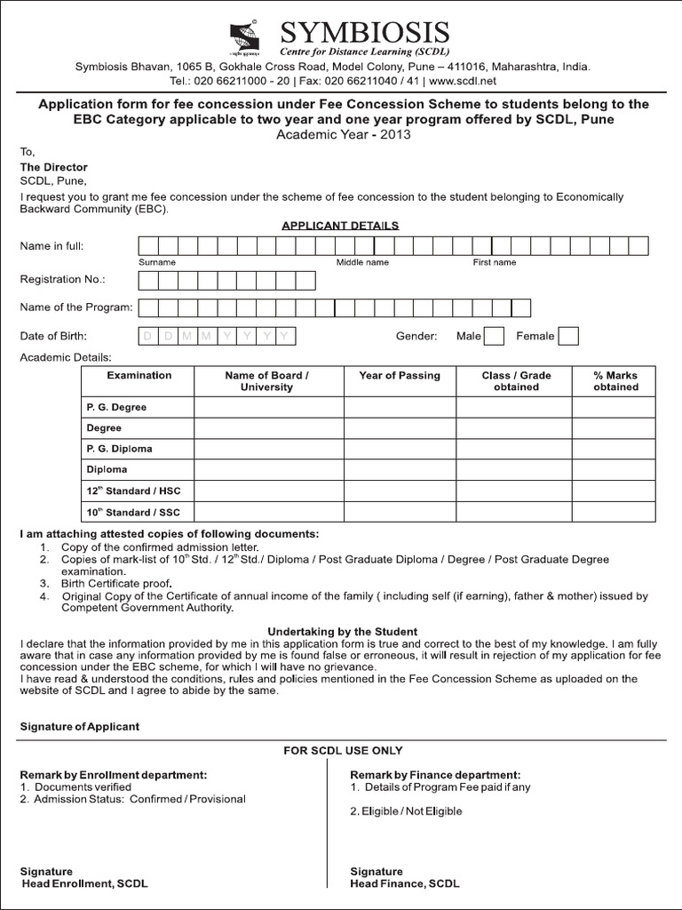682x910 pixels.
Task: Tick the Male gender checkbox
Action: click(x=496, y=336)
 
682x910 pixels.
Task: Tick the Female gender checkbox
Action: click(x=569, y=336)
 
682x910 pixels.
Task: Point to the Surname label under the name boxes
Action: click(x=157, y=263)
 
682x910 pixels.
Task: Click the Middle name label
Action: click(x=362, y=263)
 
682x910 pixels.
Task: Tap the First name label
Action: click(x=495, y=263)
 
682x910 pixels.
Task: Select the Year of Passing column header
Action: click(x=400, y=376)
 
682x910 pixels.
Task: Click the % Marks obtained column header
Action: click(x=615, y=381)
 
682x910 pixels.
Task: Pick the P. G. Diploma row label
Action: click(x=119, y=449)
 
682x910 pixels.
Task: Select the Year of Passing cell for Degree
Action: click(x=400, y=427)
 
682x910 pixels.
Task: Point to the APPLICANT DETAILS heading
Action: click(x=340, y=226)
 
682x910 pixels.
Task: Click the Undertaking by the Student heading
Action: click(x=342, y=631)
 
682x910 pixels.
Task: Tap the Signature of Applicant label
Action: click(x=80, y=726)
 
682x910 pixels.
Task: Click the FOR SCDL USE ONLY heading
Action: click(x=343, y=751)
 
